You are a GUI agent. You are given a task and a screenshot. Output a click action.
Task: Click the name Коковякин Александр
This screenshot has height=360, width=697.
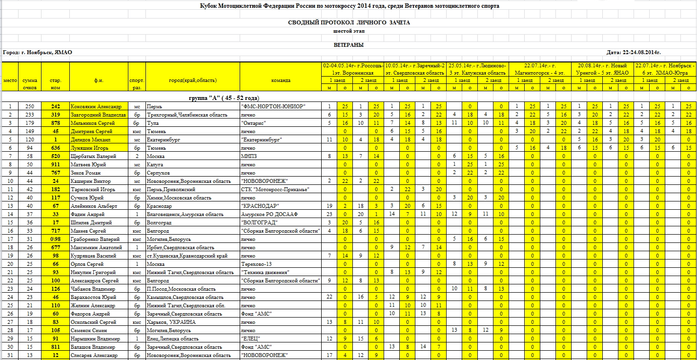[x=96, y=106]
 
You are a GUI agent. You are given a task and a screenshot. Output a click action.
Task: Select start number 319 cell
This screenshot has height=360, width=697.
[x=55, y=115]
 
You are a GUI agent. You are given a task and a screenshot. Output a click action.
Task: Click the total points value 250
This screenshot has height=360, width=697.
[x=30, y=106]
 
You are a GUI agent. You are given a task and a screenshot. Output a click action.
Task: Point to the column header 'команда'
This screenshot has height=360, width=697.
[x=280, y=80]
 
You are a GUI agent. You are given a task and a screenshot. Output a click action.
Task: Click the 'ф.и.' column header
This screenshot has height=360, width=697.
[x=99, y=80]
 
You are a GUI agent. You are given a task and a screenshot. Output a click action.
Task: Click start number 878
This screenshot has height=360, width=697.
[x=55, y=123]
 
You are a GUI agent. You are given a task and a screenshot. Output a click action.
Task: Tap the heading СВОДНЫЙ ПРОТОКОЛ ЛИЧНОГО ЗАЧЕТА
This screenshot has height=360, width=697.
[x=348, y=22]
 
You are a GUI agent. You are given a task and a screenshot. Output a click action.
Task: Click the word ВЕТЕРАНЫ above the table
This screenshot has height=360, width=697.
[x=348, y=45]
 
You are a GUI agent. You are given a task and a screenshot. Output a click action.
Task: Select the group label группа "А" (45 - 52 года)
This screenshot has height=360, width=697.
[x=224, y=98]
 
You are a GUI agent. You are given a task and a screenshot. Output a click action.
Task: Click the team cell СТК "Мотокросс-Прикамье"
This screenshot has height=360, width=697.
[x=275, y=189]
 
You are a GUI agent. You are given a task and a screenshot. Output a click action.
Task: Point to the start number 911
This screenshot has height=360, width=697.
[x=55, y=164]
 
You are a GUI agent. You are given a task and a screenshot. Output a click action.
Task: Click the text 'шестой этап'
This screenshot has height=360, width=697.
[x=348, y=31]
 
